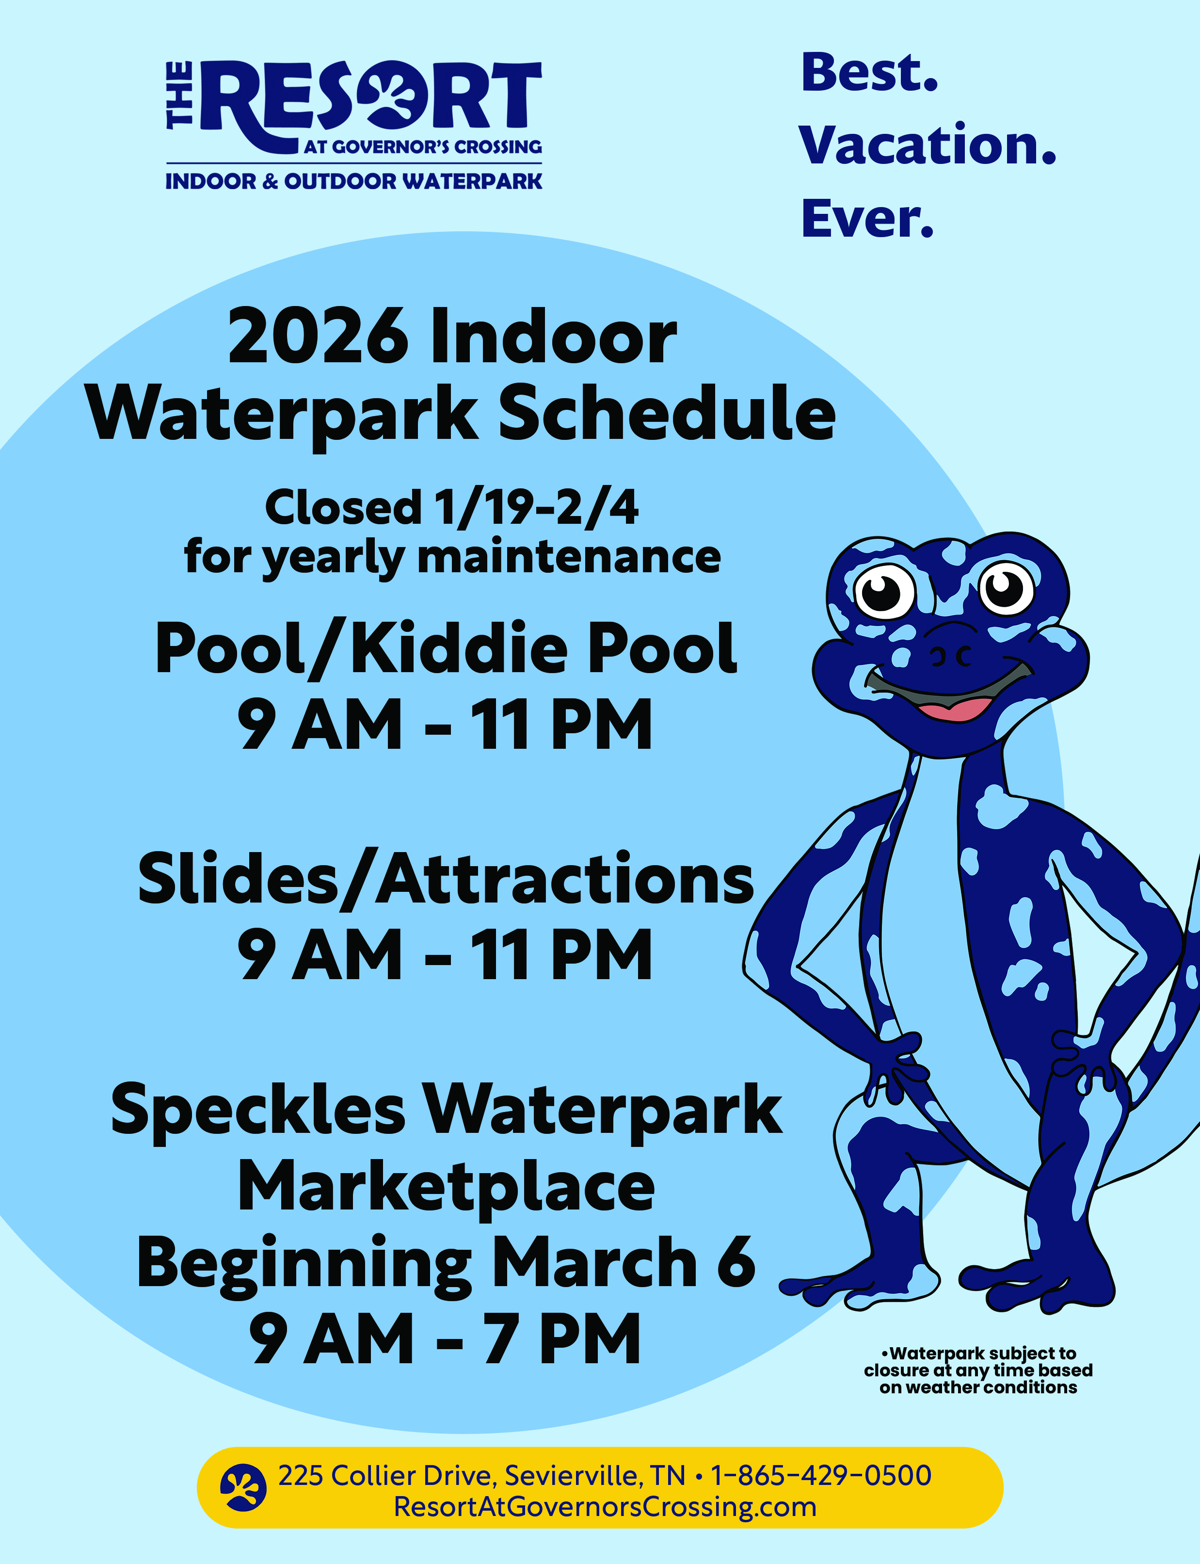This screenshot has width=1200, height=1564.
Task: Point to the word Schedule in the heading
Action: click(667, 413)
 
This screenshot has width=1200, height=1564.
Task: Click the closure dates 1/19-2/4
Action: click(536, 508)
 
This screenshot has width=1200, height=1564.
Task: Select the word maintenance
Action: click(569, 557)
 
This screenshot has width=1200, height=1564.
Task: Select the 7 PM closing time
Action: click(561, 1339)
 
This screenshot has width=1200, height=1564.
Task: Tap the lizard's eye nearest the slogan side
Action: click(1007, 589)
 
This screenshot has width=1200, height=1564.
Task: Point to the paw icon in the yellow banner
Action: click(243, 1487)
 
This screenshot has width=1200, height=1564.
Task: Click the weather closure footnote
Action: click(978, 1371)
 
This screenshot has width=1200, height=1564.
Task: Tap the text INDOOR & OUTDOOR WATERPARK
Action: click(353, 181)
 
